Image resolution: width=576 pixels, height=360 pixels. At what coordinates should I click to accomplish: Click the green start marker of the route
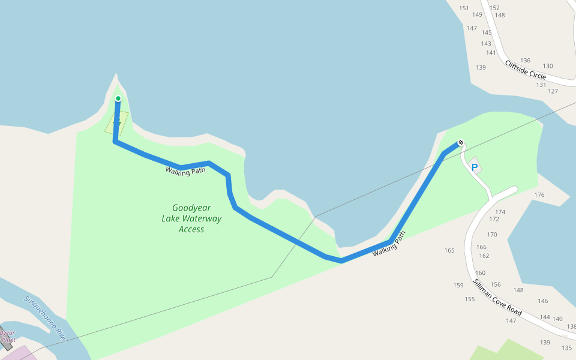(x=118, y=98)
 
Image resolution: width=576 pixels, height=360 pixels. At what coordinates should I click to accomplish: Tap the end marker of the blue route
(x=460, y=143)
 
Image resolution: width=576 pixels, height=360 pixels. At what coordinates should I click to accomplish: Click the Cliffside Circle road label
(x=526, y=70)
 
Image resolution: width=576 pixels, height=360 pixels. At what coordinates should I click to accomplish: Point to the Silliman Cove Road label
(x=497, y=297)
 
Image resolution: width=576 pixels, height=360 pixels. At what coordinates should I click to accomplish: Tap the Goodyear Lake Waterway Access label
(x=191, y=218)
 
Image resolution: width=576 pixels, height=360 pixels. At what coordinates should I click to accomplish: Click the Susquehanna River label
(x=44, y=320)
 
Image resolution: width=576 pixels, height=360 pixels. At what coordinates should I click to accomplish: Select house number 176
(x=539, y=195)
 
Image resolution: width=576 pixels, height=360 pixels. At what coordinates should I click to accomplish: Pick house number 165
(x=449, y=250)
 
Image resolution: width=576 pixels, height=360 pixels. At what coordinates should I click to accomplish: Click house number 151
(x=464, y=8)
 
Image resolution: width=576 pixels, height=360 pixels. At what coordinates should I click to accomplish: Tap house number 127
(x=553, y=91)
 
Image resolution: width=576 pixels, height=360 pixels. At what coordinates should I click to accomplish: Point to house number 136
(x=526, y=60)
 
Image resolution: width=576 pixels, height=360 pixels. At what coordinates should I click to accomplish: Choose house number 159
(x=458, y=285)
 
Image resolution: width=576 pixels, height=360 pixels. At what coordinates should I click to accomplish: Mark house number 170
(x=492, y=235)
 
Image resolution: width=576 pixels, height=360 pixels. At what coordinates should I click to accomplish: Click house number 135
(x=566, y=348)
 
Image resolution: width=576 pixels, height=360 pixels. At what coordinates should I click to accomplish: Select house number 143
(x=486, y=43)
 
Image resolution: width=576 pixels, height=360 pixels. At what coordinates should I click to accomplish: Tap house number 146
(x=543, y=301)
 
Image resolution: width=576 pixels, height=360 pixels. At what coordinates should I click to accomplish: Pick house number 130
(x=548, y=66)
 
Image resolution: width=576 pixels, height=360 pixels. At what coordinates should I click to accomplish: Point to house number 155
(x=470, y=299)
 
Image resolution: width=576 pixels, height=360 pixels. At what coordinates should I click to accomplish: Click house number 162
(x=484, y=256)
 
